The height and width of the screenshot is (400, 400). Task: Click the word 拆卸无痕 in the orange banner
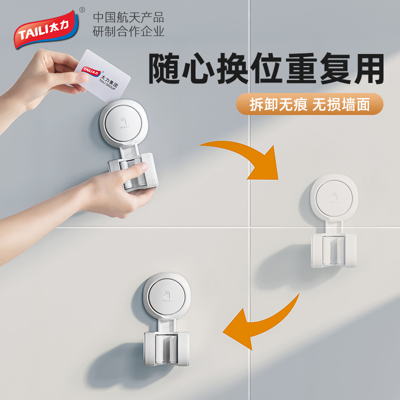pos(278,105)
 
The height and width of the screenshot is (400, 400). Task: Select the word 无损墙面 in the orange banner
pos(341,105)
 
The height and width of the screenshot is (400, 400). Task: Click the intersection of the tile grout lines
pos(248,226)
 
